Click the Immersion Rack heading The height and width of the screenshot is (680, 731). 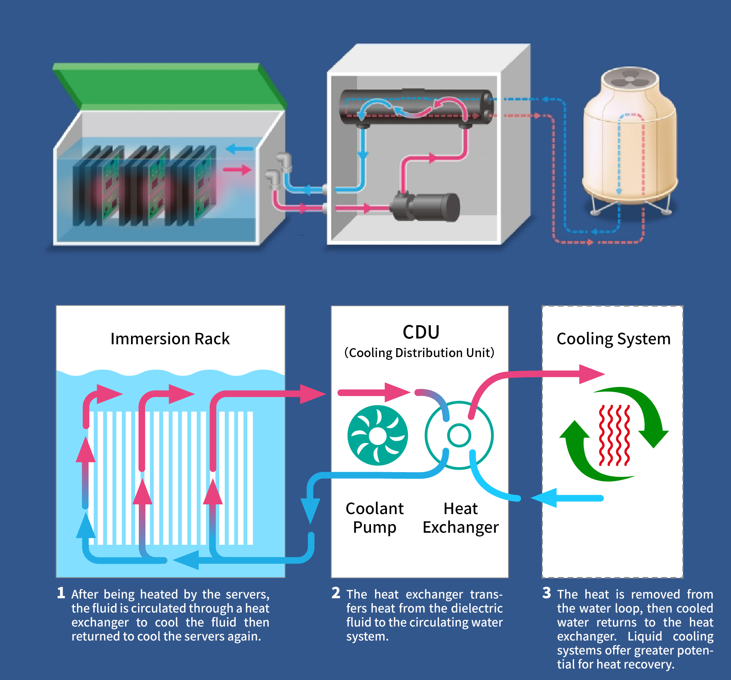[x=170, y=339]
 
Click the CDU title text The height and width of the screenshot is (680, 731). [x=421, y=333]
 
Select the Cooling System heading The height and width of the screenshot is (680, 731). [x=613, y=339]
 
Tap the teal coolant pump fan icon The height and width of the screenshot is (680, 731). [x=378, y=436]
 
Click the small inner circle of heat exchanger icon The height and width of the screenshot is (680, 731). [x=459, y=435]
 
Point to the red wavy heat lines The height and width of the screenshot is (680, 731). [x=614, y=435]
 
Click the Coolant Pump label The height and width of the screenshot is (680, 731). [x=374, y=518]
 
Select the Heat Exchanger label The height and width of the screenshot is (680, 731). [x=460, y=518]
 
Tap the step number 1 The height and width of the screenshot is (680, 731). [x=61, y=593]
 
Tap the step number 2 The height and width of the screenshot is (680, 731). [x=336, y=593]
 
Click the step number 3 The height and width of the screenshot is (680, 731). [x=547, y=593]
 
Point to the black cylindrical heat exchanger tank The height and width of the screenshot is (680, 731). [x=416, y=107]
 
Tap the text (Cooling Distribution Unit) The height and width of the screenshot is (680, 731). [x=419, y=353]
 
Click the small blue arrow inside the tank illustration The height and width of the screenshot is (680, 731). [x=239, y=148]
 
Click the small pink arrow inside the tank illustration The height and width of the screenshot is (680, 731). [x=237, y=170]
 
